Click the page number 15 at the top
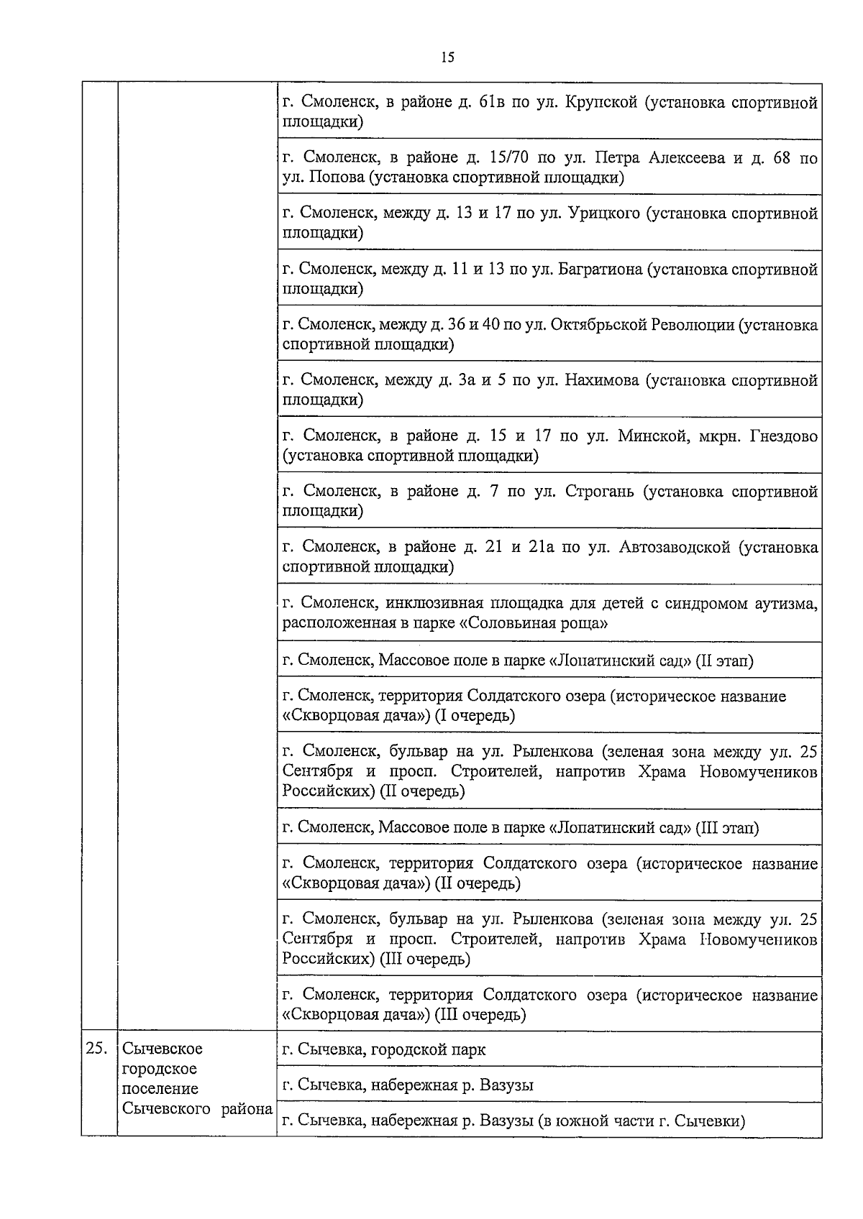pos(447,58)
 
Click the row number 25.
pos(96,1049)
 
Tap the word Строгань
pos(600,492)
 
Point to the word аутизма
pos(788,603)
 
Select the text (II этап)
pos(724,661)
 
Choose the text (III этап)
pos(727,828)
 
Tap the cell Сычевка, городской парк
pos(384,1049)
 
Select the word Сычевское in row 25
pos(163,1049)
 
